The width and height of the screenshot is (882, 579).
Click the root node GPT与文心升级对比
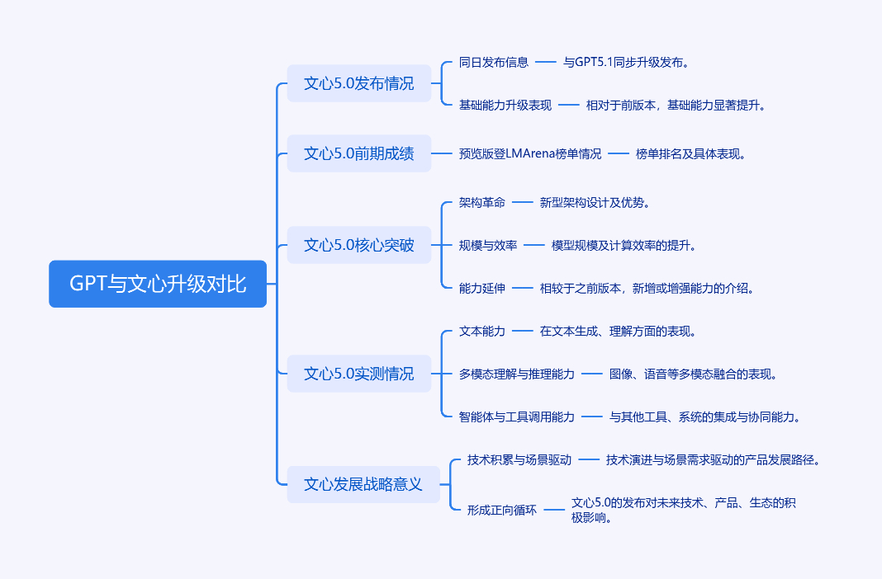tap(158, 284)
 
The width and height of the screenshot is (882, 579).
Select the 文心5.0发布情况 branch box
tap(359, 83)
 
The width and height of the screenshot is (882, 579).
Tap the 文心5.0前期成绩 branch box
tap(359, 153)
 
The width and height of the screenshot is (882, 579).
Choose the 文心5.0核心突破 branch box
tap(359, 245)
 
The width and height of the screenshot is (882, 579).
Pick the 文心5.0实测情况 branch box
tap(359, 374)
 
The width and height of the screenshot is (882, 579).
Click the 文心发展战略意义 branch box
tap(363, 484)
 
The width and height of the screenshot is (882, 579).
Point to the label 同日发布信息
tap(494, 62)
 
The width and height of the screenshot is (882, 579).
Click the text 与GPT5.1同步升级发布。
tap(626, 62)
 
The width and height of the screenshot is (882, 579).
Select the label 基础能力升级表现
tap(505, 105)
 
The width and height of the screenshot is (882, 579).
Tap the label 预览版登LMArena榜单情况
tap(530, 153)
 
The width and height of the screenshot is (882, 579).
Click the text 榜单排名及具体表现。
tap(690, 153)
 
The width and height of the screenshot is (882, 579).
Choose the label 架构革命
tap(482, 202)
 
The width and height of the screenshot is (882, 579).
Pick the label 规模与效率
tap(488, 245)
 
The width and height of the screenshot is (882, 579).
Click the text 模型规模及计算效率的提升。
tap(624, 245)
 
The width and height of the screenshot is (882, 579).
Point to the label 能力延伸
tap(482, 288)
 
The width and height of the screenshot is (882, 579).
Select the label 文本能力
tap(482, 331)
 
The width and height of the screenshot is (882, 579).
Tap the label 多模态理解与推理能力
tap(517, 374)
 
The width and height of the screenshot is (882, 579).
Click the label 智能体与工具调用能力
tap(517, 417)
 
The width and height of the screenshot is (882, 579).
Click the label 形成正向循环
tap(502, 510)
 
